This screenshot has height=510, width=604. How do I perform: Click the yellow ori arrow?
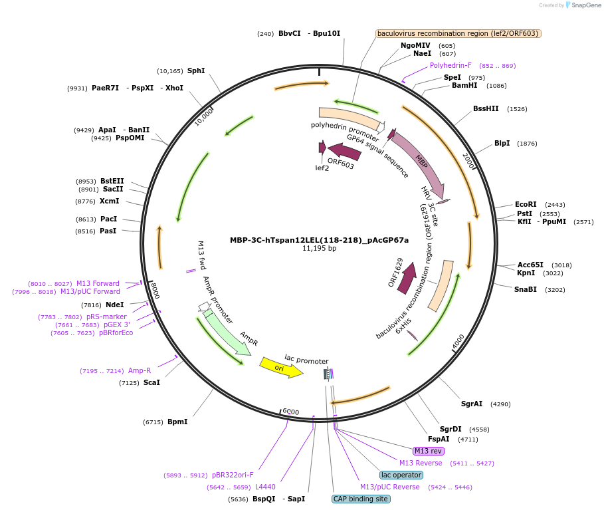click(x=281, y=366)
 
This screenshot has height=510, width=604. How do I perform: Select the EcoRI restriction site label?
click(x=526, y=204)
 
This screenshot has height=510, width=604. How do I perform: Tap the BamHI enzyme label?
click(x=464, y=85)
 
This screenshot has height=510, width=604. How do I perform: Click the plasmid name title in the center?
click(x=319, y=240)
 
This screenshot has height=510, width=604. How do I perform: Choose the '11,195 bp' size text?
click(x=319, y=249)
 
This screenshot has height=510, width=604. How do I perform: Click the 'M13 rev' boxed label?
click(x=429, y=451)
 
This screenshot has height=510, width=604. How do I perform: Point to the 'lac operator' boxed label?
click(x=401, y=475)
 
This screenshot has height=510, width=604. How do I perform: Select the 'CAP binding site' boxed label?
click(x=361, y=499)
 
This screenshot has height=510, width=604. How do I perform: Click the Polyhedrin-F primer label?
click(x=451, y=65)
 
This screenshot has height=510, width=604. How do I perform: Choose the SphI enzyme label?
click(x=196, y=70)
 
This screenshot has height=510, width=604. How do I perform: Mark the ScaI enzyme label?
click(x=151, y=382)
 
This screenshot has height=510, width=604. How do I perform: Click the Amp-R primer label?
click(x=140, y=370)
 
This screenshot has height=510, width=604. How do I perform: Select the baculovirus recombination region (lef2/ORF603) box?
click(x=458, y=33)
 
